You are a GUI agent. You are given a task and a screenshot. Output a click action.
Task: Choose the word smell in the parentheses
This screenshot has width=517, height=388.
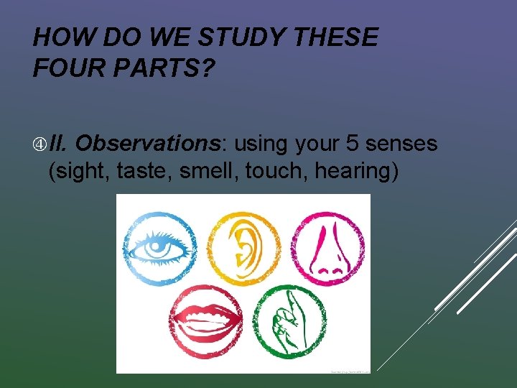[x=205, y=172]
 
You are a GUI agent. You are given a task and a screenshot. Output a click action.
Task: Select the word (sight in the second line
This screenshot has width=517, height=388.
[x=74, y=172]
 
